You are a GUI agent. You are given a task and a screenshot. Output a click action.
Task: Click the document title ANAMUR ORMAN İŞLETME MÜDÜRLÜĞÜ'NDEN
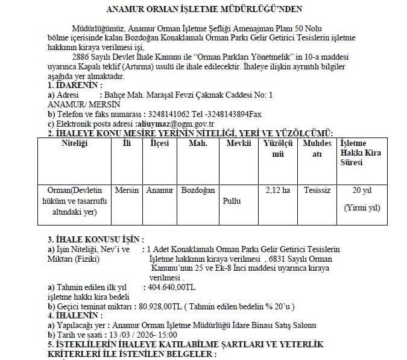pyautogui.click(x=204, y=10)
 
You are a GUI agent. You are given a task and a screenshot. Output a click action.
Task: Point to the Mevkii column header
pyautogui.click(x=238, y=144)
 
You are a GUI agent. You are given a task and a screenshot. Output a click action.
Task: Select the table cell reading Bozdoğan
pyautogui.click(x=198, y=191)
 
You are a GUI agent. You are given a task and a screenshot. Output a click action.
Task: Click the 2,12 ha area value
pyautogui.click(x=277, y=191)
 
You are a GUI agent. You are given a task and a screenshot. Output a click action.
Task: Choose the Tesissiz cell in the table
pyautogui.click(x=317, y=191)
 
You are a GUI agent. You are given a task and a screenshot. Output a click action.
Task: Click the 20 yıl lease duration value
pyautogui.click(x=362, y=191)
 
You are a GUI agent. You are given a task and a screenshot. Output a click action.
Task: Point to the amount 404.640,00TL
pyautogui.click(x=171, y=288)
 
